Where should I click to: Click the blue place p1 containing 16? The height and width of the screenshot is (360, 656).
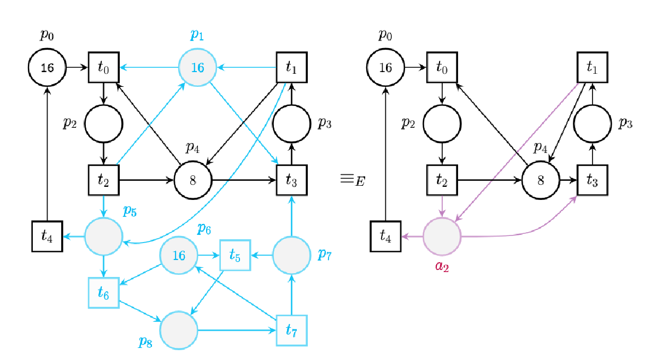click(197, 68)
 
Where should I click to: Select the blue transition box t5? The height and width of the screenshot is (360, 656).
click(235, 255)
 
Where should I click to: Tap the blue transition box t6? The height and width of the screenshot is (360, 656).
click(104, 293)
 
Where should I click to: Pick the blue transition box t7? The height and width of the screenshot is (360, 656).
click(291, 331)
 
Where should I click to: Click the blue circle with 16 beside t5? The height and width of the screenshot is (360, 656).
click(179, 255)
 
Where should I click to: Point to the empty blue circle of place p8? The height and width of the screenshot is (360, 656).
click(179, 331)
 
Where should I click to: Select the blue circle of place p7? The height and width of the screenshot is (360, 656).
click(291, 255)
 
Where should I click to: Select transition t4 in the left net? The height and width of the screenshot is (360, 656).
click(48, 236)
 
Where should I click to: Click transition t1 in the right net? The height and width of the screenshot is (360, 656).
click(592, 68)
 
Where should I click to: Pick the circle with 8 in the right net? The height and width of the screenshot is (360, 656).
click(541, 180)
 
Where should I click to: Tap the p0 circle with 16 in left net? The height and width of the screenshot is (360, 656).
click(47, 68)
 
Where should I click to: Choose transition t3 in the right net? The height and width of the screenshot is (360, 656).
click(592, 180)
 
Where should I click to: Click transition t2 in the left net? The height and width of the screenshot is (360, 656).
click(104, 180)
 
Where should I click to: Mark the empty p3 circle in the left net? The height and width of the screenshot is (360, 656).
click(291, 124)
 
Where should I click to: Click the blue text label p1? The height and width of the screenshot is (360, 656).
click(197, 36)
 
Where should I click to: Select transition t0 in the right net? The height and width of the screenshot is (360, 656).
click(442, 68)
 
